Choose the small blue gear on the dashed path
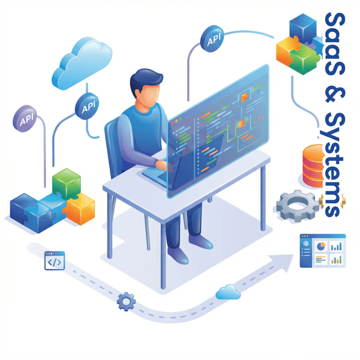pyautogui.click(x=126, y=301)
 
